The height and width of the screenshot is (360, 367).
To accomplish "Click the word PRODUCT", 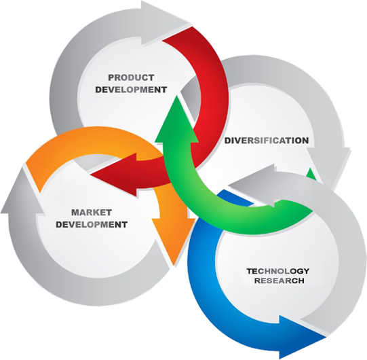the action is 131,77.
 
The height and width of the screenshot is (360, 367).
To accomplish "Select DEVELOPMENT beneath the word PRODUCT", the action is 131,90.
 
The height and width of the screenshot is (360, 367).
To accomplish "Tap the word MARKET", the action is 92,213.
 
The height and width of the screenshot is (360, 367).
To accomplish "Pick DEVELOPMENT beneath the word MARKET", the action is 92,225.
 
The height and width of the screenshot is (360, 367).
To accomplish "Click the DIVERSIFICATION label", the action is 267,141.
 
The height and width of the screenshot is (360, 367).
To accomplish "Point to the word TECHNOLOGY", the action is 278,271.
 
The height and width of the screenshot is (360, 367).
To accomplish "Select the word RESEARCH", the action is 279,281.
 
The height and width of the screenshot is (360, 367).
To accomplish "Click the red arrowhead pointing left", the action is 115,174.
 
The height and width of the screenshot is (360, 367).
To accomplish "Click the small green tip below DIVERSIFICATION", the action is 311,174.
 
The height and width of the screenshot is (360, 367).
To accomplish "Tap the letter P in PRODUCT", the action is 111,77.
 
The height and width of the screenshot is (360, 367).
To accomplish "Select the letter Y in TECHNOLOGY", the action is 305,271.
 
